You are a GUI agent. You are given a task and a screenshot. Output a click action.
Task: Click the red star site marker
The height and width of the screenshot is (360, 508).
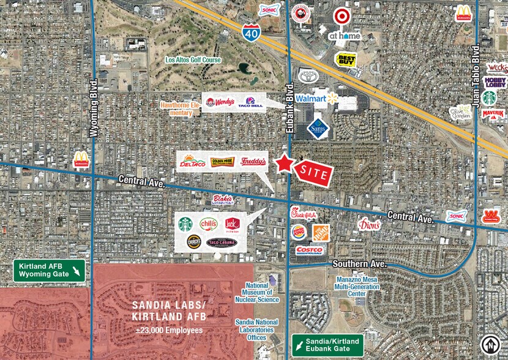coord(284,163)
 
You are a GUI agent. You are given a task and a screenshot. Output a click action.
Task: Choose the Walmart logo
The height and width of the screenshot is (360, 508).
coord(316,99)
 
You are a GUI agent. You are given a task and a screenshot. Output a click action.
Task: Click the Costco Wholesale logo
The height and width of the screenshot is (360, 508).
coord(309,250)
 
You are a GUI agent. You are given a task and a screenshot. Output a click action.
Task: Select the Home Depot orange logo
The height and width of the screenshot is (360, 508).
coord(321,232)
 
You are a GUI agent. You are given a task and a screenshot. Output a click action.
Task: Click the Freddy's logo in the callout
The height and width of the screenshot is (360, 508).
coord(253,162)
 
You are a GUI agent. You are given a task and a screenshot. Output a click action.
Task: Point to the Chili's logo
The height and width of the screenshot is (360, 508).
coord(208,223)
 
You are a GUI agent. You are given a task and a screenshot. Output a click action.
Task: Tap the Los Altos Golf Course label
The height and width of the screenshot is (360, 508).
coord(193,61)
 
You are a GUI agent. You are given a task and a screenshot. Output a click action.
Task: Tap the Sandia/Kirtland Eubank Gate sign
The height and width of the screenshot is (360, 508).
coord(327,343)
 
